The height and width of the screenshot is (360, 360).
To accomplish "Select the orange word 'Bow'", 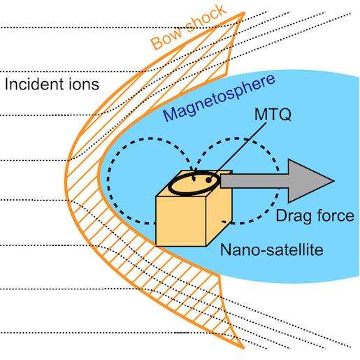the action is tap(166, 38).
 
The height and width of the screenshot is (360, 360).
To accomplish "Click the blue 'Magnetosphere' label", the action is tap(219, 98).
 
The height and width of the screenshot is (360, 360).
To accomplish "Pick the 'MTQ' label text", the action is tap(273, 115).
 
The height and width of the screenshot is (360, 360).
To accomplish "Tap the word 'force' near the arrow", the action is tap(333, 215).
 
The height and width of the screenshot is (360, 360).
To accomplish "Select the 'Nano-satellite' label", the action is tap(272, 250).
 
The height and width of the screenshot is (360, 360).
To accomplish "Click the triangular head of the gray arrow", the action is tap(308, 181).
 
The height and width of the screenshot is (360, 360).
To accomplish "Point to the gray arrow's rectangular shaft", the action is tap(254, 181).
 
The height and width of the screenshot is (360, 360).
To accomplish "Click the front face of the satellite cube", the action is tap(181, 221).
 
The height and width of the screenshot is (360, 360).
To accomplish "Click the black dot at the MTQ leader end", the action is tap(208, 180).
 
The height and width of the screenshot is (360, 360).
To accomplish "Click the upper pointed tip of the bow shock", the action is tap(244, 13).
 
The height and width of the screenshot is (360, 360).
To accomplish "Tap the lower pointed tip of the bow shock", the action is tap(244, 348).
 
